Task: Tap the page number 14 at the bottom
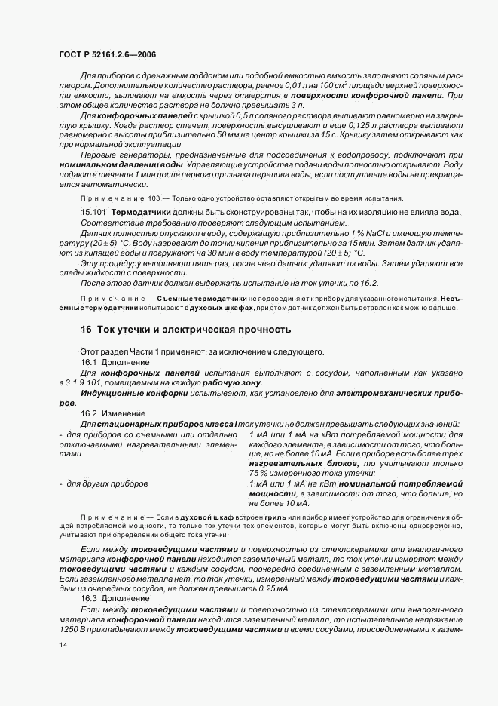(63, 645)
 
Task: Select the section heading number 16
(86, 330)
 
